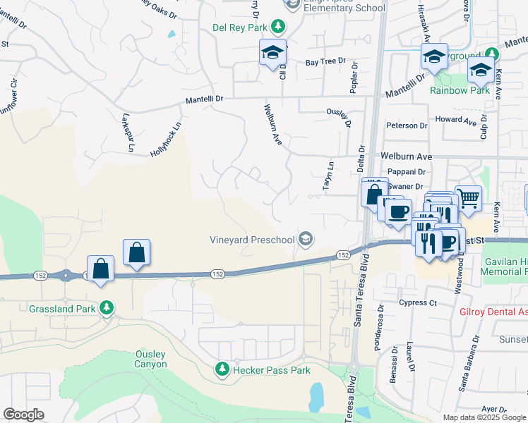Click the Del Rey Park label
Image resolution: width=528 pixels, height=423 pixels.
241,27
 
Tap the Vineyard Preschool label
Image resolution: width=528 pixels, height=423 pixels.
252,240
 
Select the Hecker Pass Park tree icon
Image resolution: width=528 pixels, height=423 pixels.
222,369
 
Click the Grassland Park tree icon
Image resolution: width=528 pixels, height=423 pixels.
107,308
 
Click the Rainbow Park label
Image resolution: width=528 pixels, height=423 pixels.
460,90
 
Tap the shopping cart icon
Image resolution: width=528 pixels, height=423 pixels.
468,197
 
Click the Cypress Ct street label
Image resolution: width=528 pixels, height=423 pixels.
418,302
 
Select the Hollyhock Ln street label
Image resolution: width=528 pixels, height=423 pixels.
166,140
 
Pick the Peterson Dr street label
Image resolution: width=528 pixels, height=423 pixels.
407,126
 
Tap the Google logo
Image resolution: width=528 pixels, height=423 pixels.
23,415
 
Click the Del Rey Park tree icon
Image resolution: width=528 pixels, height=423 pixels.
280,27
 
